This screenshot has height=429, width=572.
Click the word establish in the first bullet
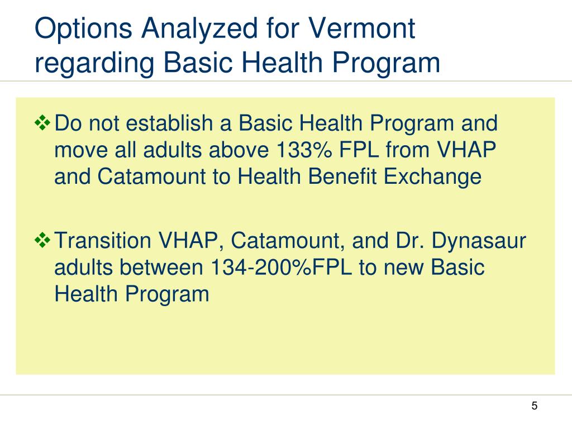click(177, 123)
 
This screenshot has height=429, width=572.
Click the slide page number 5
click(535, 406)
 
